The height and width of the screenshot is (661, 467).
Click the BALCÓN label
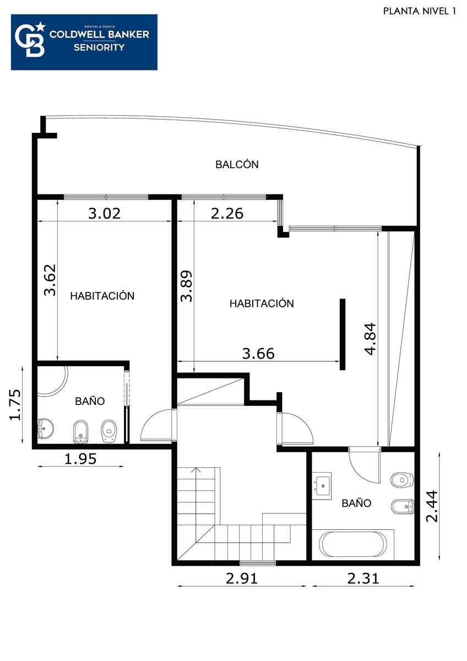point(237,164)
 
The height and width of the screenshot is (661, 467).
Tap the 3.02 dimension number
point(105,213)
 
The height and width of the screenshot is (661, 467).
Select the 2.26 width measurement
point(227,213)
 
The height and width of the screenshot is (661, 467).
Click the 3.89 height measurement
point(187,286)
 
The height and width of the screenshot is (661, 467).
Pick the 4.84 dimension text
point(371,339)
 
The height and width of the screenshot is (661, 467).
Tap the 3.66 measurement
point(258,354)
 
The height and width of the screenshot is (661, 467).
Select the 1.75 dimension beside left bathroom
point(15,404)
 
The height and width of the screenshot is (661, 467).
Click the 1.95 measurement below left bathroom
point(80,459)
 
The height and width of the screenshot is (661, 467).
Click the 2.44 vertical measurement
point(432,506)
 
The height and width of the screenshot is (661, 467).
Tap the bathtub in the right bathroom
point(353,544)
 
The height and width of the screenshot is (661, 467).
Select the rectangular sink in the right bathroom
point(322,486)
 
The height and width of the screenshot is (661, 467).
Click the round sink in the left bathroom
point(45,429)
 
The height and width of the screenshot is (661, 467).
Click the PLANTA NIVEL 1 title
point(420,11)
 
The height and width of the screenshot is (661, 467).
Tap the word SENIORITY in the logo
point(99,47)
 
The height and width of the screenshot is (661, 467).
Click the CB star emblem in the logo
point(30,40)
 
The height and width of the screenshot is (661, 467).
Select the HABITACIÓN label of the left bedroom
point(102,296)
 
